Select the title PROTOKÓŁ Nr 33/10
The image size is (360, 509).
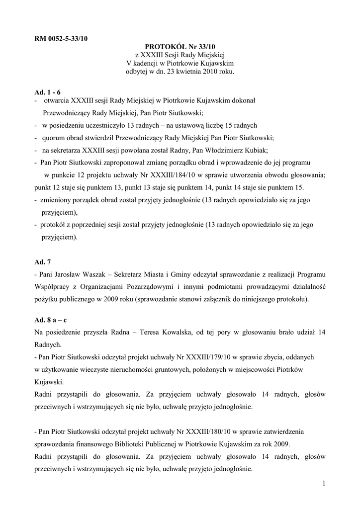tap(180, 46)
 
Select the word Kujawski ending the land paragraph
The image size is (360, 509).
tap(49, 382)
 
